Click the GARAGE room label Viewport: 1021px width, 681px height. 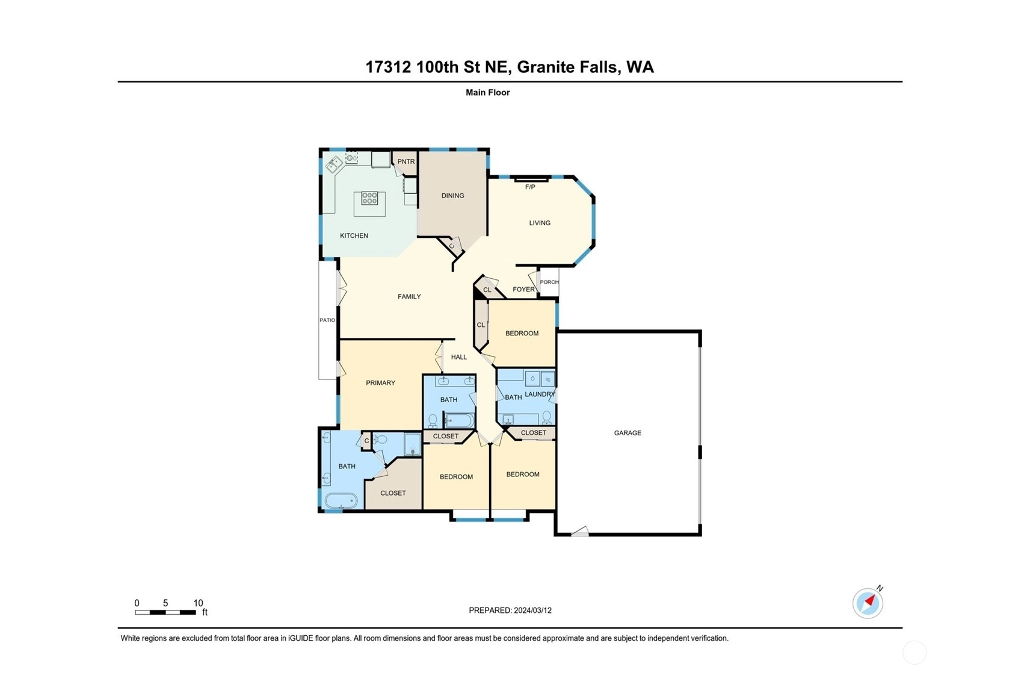(627, 433)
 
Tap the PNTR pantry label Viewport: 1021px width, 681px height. (406, 161)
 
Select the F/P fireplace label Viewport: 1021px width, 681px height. (529, 187)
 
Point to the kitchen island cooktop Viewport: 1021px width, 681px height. (369, 198)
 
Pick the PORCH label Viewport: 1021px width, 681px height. (549, 282)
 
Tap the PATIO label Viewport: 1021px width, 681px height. (327, 320)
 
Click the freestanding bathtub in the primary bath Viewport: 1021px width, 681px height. (341, 501)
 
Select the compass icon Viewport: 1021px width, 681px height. (868, 603)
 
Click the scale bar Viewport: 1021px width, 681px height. (165, 612)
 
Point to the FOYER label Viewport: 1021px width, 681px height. (523, 289)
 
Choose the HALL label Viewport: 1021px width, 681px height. (459, 357)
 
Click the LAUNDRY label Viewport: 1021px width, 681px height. (540, 394)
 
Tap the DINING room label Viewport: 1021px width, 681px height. (452, 196)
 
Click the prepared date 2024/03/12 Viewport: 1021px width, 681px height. (532, 611)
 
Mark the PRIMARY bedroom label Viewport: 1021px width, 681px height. (380, 383)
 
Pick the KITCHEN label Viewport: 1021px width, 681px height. (354, 236)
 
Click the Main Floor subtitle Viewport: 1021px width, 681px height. (488, 93)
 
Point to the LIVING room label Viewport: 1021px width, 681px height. (540, 223)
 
